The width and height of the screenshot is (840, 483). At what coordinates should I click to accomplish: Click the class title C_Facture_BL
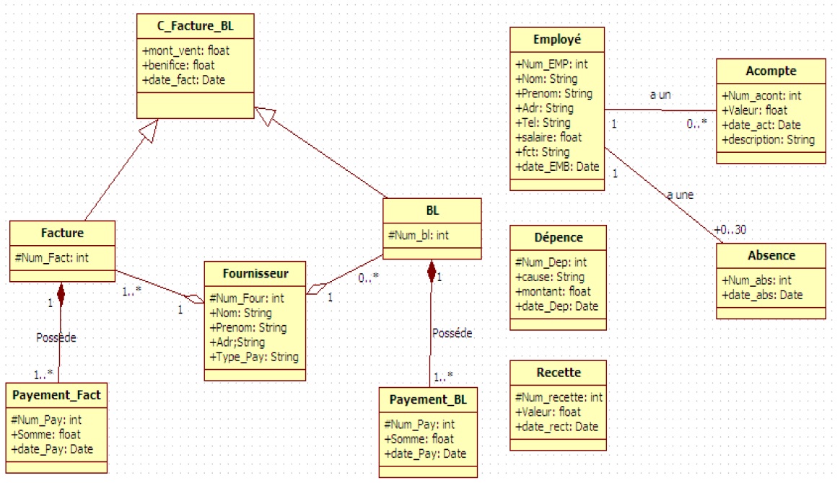click(x=195, y=27)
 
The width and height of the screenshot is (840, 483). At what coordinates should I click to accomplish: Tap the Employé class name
click(x=556, y=39)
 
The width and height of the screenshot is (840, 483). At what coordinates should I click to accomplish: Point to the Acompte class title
click(x=771, y=71)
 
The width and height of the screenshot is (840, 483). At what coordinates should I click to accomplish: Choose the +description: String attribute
click(x=768, y=139)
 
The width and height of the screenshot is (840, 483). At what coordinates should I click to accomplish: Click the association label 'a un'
click(x=660, y=95)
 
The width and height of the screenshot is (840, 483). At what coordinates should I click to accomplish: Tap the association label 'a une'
click(x=680, y=195)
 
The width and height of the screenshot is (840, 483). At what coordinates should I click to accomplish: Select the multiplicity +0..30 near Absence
click(x=730, y=230)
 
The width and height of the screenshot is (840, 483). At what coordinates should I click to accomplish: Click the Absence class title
click(x=771, y=255)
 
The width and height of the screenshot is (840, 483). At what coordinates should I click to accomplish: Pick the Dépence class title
click(x=559, y=237)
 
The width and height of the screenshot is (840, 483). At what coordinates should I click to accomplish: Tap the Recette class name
click(x=559, y=373)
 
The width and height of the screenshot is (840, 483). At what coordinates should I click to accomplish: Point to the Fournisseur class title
click(x=256, y=273)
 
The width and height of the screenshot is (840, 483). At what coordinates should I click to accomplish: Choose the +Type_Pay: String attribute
click(x=253, y=357)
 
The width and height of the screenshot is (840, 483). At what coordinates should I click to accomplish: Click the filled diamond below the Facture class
click(x=61, y=293)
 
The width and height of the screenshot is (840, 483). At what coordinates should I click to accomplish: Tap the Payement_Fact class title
click(x=56, y=395)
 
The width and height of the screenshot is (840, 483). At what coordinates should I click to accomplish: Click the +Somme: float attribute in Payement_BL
click(x=419, y=438)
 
